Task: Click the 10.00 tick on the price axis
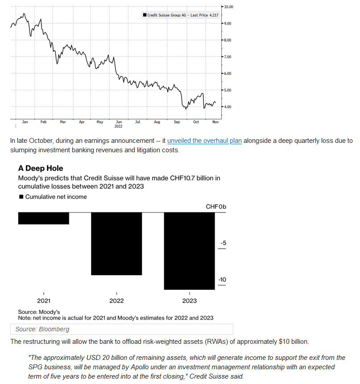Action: point(228,7)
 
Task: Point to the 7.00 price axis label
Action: point(228,57)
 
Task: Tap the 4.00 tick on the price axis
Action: point(228,107)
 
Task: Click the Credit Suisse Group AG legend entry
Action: point(181,15)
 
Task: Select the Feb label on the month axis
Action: point(44,122)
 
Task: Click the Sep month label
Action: point(177,122)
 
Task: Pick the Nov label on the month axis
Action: point(215,122)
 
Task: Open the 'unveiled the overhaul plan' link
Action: point(204,141)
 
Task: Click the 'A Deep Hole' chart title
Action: point(41,168)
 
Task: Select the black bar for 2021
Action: point(44,218)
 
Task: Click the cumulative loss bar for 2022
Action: point(116,244)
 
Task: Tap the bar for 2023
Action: point(190,251)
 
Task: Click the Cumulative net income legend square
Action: point(21,196)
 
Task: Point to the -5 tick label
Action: point(223,243)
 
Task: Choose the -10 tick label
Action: point(222,280)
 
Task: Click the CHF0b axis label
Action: point(216,207)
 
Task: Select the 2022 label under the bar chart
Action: point(116,301)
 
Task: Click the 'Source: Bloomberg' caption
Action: point(42,329)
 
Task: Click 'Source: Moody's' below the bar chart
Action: point(39,312)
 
